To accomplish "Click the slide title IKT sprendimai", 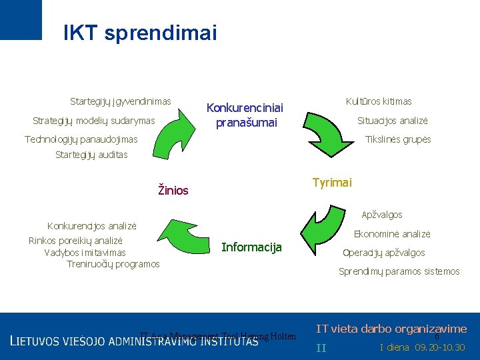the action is point(140,33).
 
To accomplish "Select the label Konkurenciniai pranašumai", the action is point(245,115).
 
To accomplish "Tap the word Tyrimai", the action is point(332,183).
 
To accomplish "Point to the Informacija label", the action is point(251,247).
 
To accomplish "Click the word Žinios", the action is point(173,191).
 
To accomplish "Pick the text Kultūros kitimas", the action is point(379,101).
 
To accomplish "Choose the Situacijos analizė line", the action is point(393,121).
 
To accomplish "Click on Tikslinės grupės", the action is point(397,139).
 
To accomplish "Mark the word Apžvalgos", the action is point(381,215).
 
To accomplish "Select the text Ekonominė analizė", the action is point(392,234).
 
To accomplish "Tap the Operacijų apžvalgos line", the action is point(383,253).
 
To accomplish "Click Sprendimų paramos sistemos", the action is point(399,271).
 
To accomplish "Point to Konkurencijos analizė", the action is point(92,226).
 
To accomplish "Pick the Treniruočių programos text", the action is point(113,264).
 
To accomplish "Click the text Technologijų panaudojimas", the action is point(81,139).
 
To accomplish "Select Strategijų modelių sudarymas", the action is point(93,121).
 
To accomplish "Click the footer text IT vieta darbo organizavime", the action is point(391,329).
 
